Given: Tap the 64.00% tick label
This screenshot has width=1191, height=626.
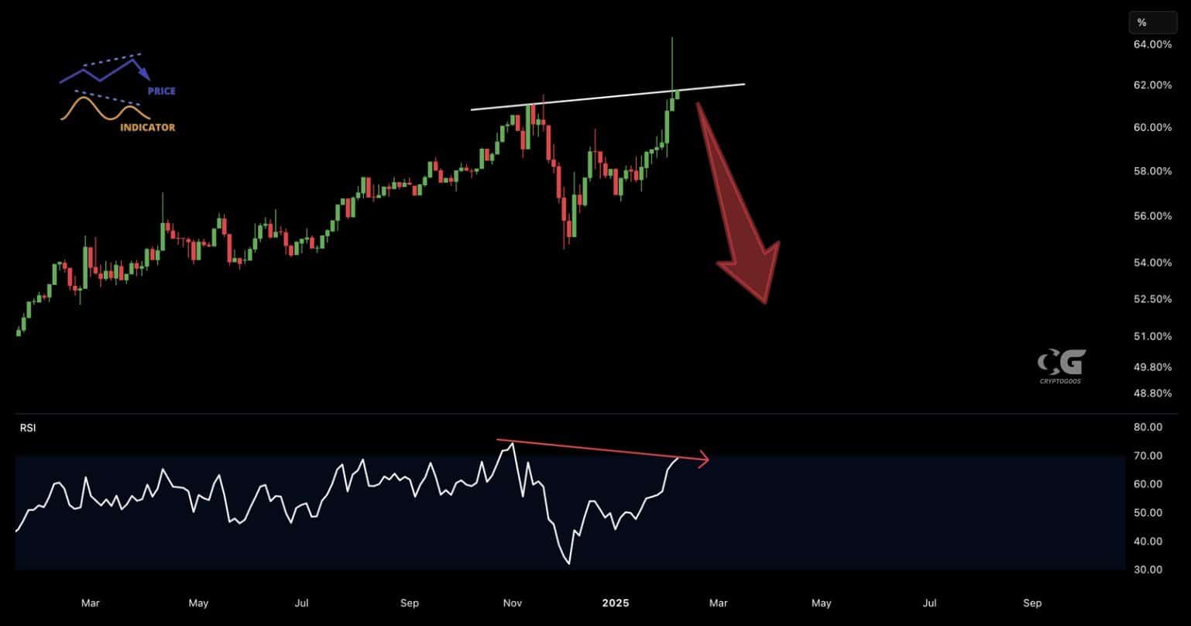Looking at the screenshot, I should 1152,45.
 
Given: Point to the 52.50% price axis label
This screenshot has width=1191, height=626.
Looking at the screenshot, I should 1152,299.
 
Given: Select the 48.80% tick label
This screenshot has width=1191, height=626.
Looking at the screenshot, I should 1152,394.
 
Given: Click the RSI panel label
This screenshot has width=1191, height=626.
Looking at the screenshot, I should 28,427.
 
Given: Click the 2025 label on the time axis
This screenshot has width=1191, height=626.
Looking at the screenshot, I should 616,603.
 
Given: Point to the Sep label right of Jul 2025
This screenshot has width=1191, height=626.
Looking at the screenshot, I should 1032,603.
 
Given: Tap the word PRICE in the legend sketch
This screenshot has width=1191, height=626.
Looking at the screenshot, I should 161,91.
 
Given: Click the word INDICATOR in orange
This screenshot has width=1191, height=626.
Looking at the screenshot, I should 147,127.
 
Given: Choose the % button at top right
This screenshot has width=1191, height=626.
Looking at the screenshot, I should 1152,22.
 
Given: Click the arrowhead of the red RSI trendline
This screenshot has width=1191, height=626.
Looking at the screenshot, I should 703,460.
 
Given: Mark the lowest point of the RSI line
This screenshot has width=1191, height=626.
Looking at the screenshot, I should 569,563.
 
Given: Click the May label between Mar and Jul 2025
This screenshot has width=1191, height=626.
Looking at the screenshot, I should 822,603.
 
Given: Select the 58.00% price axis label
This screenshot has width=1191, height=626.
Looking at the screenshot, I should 1152,171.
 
